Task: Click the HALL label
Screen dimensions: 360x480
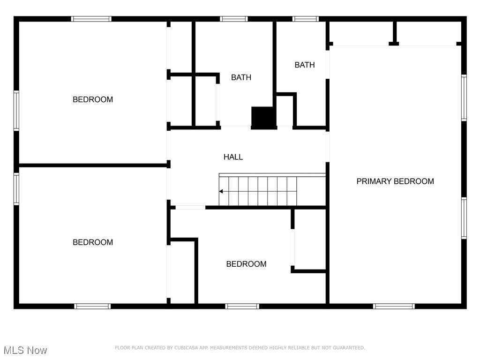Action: [233, 157]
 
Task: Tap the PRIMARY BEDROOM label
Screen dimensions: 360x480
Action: [395, 181]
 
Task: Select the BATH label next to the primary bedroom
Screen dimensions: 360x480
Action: [305, 65]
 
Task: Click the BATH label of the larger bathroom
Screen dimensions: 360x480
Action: [241, 77]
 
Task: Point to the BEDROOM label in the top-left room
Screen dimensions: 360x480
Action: [93, 99]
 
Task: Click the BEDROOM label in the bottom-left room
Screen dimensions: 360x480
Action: [93, 242]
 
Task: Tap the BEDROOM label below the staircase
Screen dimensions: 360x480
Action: [246, 264]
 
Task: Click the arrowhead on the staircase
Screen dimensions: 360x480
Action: [221, 191]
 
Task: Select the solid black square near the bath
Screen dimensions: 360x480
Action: [264, 117]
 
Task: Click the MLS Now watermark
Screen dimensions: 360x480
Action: [25, 350]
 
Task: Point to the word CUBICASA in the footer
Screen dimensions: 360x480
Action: [186, 348]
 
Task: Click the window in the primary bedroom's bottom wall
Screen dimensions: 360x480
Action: [394, 306]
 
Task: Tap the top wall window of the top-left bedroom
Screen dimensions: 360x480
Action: [91, 19]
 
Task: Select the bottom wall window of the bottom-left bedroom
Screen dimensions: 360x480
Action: [92, 306]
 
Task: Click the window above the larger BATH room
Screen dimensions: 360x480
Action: [234, 19]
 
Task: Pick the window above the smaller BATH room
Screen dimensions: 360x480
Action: [306, 19]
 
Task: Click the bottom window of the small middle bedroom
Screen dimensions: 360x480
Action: [242, 306]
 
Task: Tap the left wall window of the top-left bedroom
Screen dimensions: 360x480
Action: [16, 110]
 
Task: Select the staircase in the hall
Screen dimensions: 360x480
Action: [258, 191]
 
